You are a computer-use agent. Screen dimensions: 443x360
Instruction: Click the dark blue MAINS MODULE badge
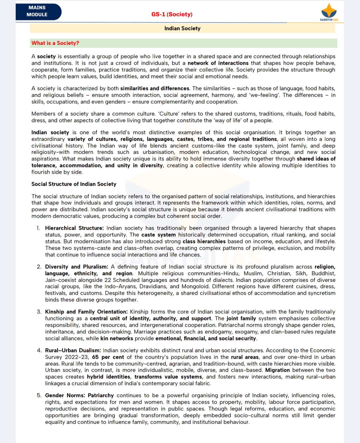pos(38,11)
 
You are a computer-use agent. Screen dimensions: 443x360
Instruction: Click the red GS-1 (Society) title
pos(172,14)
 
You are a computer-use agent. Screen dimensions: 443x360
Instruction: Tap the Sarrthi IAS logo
pos(329,13)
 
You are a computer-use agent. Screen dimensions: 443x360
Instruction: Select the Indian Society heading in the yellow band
pos(182,28)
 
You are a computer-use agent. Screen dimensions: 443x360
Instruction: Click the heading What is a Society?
pos(55,43)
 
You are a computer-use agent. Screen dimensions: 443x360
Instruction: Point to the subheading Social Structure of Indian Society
pos(74,184)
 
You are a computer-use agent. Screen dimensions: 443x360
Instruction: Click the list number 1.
pos(38,228)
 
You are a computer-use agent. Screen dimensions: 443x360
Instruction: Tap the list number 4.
pos(39,350)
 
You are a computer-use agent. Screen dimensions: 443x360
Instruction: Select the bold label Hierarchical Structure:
pos(74,228)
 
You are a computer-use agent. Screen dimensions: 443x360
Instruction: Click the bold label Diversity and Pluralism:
pos(77,267)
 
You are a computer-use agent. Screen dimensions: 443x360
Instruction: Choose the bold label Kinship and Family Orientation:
pos(86,312)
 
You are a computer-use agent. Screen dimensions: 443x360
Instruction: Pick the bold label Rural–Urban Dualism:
pos(73,350)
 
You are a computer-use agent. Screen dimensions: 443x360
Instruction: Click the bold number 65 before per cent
pos(95,357)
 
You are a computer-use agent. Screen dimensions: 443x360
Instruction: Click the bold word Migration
pos(277,370)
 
